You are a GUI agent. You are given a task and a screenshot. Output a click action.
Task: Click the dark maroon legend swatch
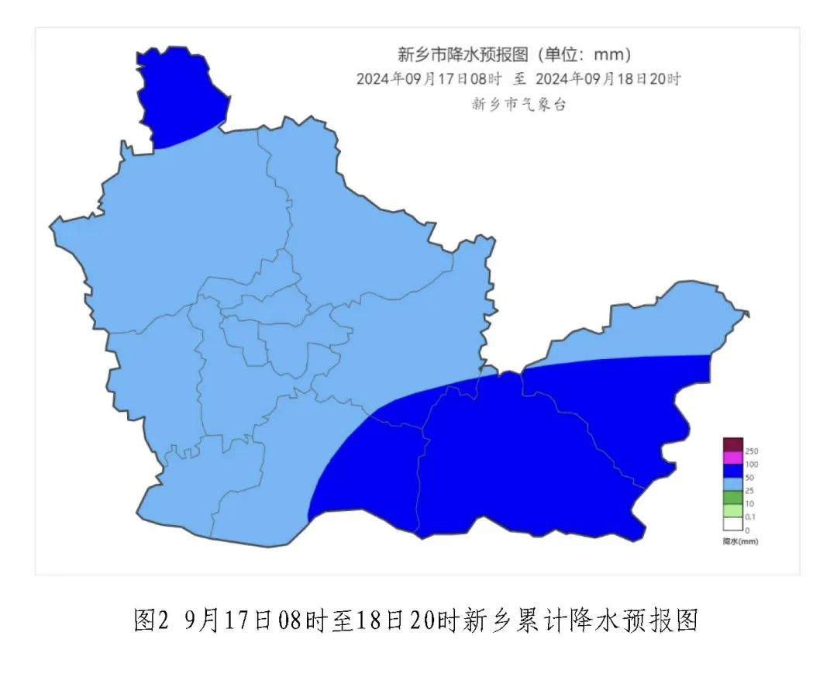(733, 444)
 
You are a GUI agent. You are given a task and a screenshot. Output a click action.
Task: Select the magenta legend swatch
(733, 458)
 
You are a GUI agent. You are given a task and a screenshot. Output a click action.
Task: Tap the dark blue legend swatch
(733, 471)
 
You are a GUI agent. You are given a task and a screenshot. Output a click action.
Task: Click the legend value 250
(752, 451)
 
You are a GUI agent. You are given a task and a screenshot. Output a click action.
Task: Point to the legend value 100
(752, 465)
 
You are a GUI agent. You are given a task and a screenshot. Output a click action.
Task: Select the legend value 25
(749, 491)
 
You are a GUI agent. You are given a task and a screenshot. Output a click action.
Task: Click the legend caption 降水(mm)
(741, 541)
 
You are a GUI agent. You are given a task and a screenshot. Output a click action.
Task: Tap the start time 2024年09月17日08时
(429, 79)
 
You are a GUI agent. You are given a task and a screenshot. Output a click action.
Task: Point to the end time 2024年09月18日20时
(608, 79)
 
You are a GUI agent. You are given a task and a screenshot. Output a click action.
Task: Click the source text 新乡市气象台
(518, 105)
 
